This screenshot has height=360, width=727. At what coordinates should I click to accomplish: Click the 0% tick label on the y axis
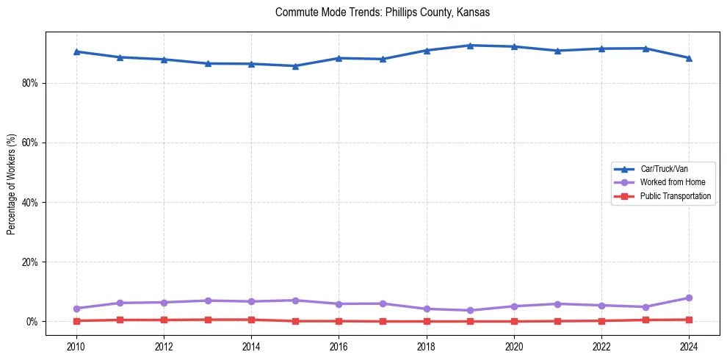click(32, 322)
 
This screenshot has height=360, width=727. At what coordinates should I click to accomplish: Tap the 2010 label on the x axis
click(76, 345)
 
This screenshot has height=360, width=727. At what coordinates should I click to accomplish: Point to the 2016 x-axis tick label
click(339, 345)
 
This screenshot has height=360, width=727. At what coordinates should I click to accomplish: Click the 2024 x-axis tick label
click(689, 345)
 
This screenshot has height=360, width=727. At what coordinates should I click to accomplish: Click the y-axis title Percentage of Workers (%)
click(11, 184)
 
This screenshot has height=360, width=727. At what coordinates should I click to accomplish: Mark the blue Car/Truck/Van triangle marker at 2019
click(470, 46)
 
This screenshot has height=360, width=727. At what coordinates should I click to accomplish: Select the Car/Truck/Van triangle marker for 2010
click(76, 51)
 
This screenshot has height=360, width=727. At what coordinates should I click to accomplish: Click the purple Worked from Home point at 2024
click(689, 298)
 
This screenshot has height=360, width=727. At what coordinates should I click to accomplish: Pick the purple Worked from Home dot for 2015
click(295, 300)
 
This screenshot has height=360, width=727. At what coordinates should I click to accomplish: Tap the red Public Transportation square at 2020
click(514, 321)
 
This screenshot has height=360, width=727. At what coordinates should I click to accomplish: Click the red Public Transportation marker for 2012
click(164, 320)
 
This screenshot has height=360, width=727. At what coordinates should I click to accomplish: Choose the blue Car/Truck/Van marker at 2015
click(295, 66)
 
